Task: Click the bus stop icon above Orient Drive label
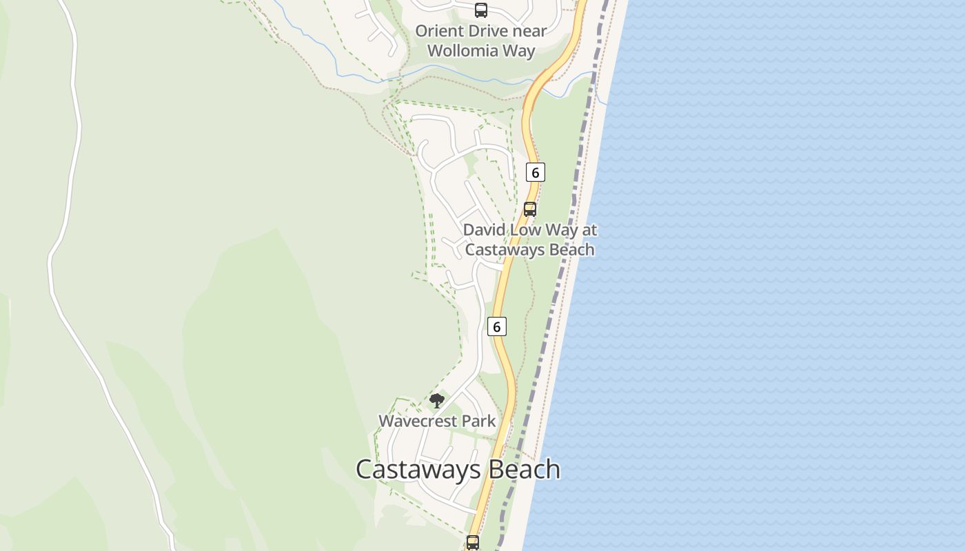pos(481,10)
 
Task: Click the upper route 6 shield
pos(535,172)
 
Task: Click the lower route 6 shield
pos(496,326)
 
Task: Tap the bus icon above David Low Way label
pos(530,209)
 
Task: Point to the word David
pos(485,230)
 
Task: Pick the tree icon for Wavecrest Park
pos(436,400)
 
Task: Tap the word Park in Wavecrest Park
pos(478,421)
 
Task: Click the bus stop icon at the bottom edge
pos(473,543)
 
